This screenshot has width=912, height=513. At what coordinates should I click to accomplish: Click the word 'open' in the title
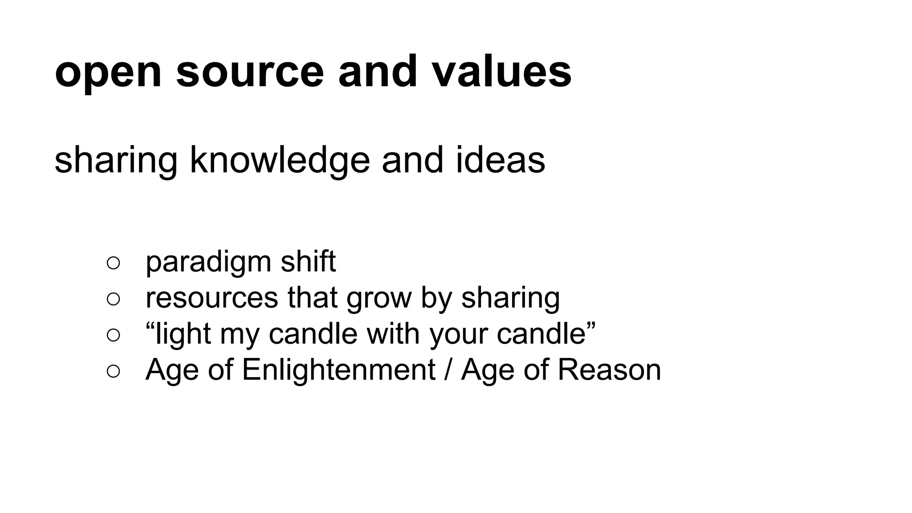[x=108, y=73]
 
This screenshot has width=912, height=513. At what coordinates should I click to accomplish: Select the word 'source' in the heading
[x=250, y=73]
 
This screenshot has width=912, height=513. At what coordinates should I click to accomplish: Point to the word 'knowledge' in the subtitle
[x=280, y=160]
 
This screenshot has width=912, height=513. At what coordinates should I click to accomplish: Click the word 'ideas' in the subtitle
[x=500, y=160]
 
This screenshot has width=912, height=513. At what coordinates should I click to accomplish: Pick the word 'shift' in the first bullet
[x=308, y=261]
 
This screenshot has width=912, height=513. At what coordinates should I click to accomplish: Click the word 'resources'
[x=212, y=298]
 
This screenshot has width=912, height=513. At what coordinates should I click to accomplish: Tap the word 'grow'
[x=379, y=299]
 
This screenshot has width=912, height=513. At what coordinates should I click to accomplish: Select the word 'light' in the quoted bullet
[x=183, y=334]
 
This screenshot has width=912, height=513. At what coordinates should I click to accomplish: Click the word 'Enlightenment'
[x=338, y=370]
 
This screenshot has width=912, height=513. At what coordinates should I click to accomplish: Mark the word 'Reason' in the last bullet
[x=609, y=370]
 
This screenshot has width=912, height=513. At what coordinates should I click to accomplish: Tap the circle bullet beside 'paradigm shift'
[x=114, y=263]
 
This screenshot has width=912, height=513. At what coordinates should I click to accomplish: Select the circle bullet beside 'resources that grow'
[x=114, y=299]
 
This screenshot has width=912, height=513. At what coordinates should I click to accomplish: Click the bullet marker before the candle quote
[x=114, y=335]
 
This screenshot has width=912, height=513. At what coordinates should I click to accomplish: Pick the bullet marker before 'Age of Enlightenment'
[x=114, y=371]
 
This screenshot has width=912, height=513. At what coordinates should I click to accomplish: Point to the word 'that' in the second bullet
[x=312, y=298]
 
